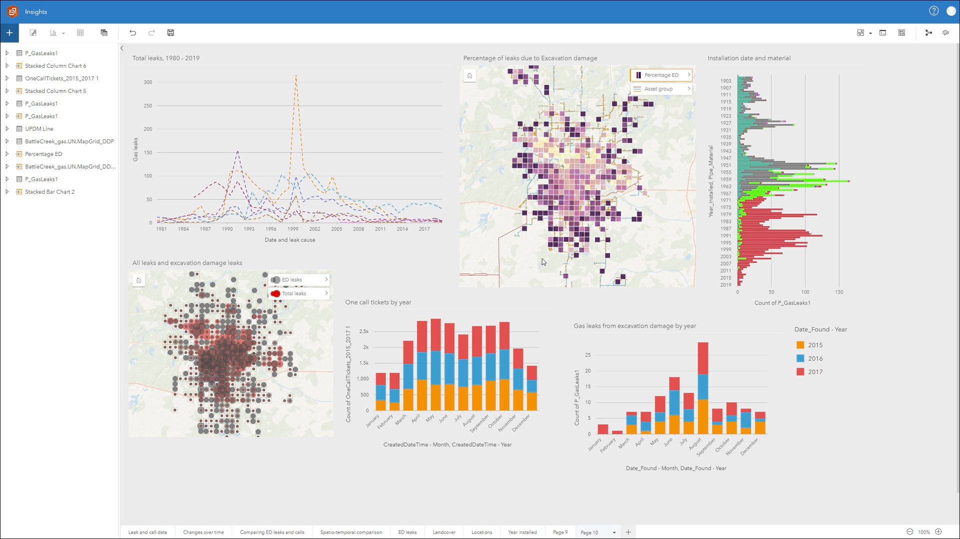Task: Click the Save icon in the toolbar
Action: (170, 33)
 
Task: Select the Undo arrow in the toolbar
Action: (132, 33)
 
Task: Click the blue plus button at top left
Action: (9, 33)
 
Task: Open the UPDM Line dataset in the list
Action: (39, 129)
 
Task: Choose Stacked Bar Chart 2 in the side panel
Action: (49, 192)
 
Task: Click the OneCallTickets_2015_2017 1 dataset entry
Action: (61, 78)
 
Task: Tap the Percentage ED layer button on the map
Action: (661, 75)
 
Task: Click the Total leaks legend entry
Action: (293, 294)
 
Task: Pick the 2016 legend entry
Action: (814, 359)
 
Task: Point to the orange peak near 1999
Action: (296, 76)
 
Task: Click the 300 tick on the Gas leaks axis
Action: (148, 82)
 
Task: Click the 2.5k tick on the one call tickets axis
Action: (364, 332)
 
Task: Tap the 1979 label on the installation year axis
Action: (725, 215)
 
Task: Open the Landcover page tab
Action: (444, 533)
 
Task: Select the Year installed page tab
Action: (522, 533)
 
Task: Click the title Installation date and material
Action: (748, 58)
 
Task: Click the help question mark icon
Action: (933, 11)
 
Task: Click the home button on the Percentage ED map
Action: (469, 76)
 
